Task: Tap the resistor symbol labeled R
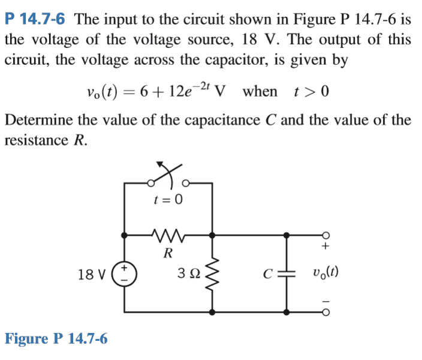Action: pyautogui.click(x=168, y=236)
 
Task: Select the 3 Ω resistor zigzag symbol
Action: pyautogui.click(x=212, y=274)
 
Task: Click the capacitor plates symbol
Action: pyautogui.click(x=287, y=274)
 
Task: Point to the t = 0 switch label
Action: pyautogui.click(x=168, y=200)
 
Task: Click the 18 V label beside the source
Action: pyautogui.click(x=92, y=275)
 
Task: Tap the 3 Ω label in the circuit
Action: pyautogui.click(x=189, y=273)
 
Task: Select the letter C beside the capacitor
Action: pyautogui.click(x=268, y=274)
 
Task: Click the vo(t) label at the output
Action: pyautogui.click(x=325, y=272)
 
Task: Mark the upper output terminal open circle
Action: pyautogui.click(x=325, y=235)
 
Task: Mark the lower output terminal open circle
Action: pyautogui.click(x=325, y=313)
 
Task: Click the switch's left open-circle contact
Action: pyautogui.click(x=151, y=184)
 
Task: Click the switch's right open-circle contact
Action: pyautogui.click(x=186, y=184)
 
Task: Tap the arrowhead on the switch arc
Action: pyautogui.click(x=160, y=164)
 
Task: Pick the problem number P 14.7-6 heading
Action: pyautogui.click(x=35, y=19)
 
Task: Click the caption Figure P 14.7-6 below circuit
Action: pyautogui.click(x=56, y=338)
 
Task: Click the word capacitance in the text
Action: pyautogui.click(x=222, y=120)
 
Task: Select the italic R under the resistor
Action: pyautogui.click(x=168, y=253)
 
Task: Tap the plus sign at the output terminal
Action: pyautogui.click(x=325, y=246)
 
